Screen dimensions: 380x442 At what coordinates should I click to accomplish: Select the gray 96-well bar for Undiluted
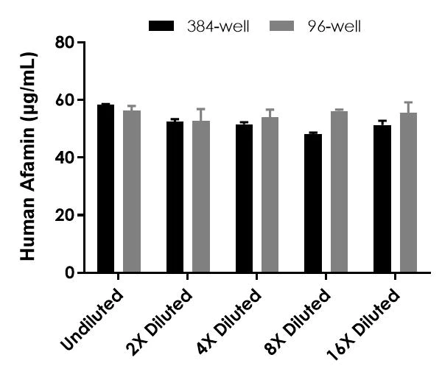pyautogui.click(x=132, y=192)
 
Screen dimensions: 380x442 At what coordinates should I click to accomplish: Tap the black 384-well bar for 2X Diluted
pyautogui.click(x=175, y=197)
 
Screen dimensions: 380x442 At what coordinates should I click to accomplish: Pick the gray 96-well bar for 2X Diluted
pyautogui.click(x=201, y=197)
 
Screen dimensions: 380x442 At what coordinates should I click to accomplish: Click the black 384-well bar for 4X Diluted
pyautogui.click(x=244, y=199)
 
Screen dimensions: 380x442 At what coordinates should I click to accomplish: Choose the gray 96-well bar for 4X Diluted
pyautogui.click(x=270, y=195)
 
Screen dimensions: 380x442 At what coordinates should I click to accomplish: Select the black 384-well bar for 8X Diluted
pyautogui.click(x=313, y=204)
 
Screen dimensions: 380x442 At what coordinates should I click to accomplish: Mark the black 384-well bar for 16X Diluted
pyautogui.click(x=382, y=200)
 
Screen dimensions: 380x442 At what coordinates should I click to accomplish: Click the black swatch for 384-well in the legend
pyautogui.click(x=161, y=27)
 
